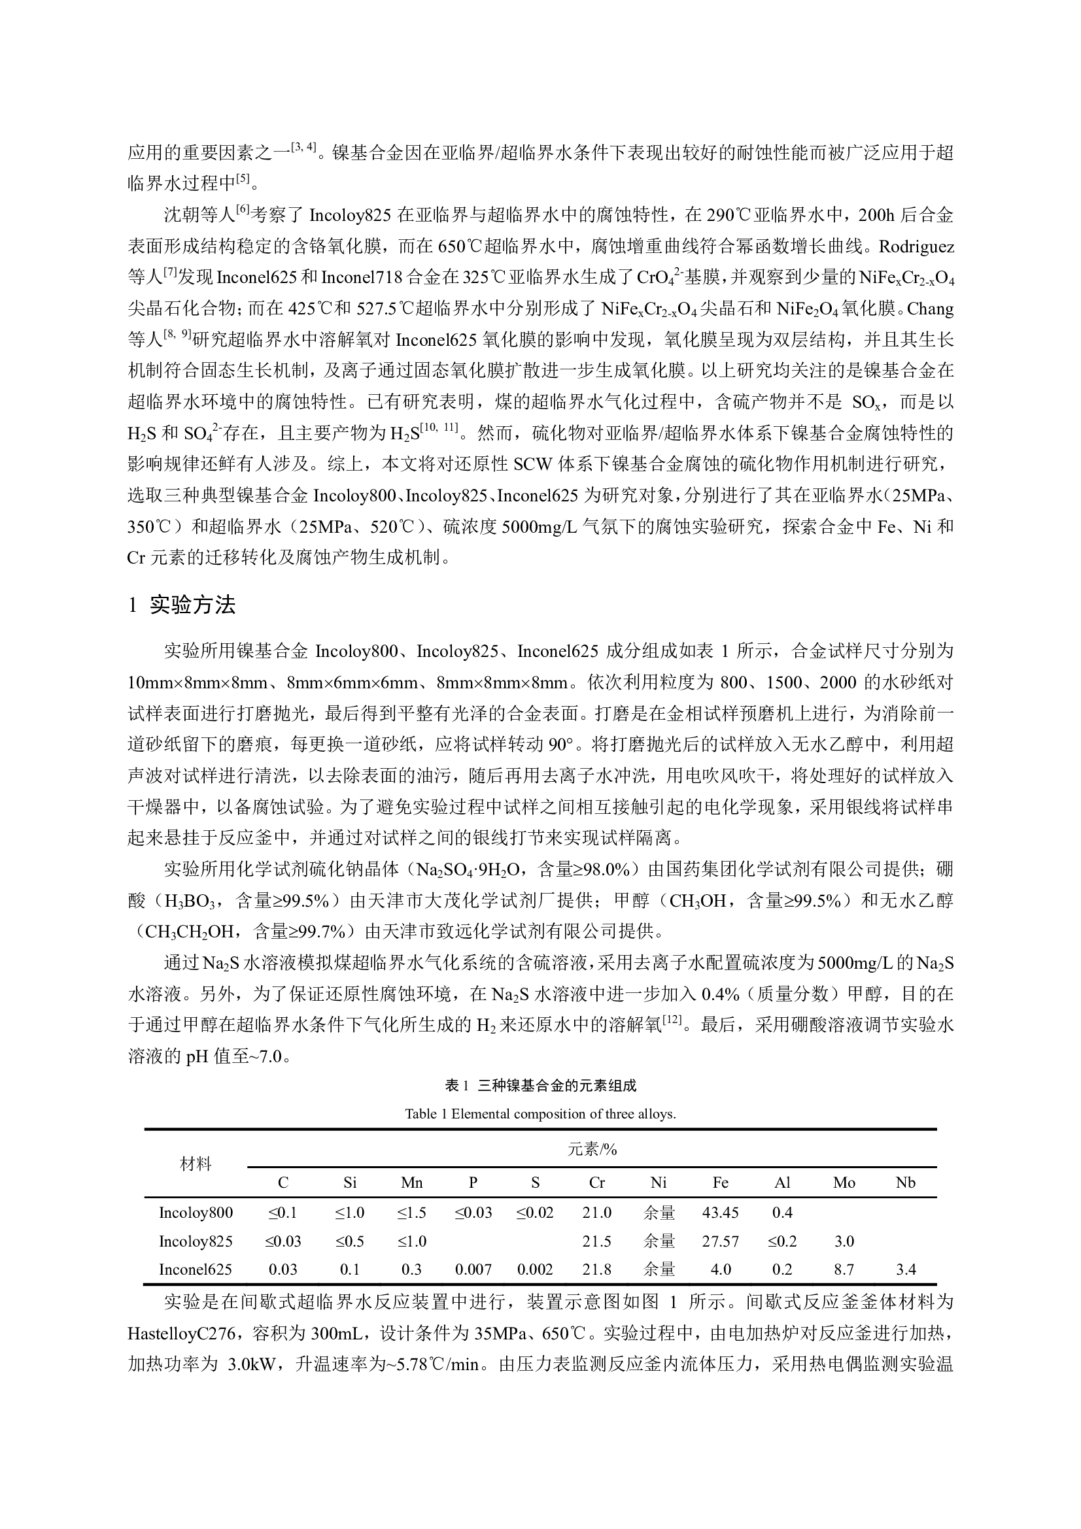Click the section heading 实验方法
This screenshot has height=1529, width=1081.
(x=192, y=605)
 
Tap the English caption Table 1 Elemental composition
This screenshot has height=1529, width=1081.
(x=540, y=1113)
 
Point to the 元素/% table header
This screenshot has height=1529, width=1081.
(x=592, y=1149)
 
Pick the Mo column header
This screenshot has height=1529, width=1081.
(x=844, y=1182)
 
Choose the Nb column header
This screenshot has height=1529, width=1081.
(x=905, y=1182)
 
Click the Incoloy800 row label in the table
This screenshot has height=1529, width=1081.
(x=196, y=1212)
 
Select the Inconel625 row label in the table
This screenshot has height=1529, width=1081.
(x=196, y=1269)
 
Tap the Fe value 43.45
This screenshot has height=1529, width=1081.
(x=720, y=1212)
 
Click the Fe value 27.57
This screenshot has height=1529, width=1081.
(x=720, y=1241)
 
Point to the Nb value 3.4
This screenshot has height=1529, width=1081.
(x=905, y=1269)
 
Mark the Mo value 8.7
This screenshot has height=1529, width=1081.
(x=844, y=1269)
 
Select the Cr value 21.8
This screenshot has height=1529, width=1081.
(x=597, y=1269)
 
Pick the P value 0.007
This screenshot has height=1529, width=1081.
(x=473, y=1269)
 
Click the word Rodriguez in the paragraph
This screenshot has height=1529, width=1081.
(x=916, y=246)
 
